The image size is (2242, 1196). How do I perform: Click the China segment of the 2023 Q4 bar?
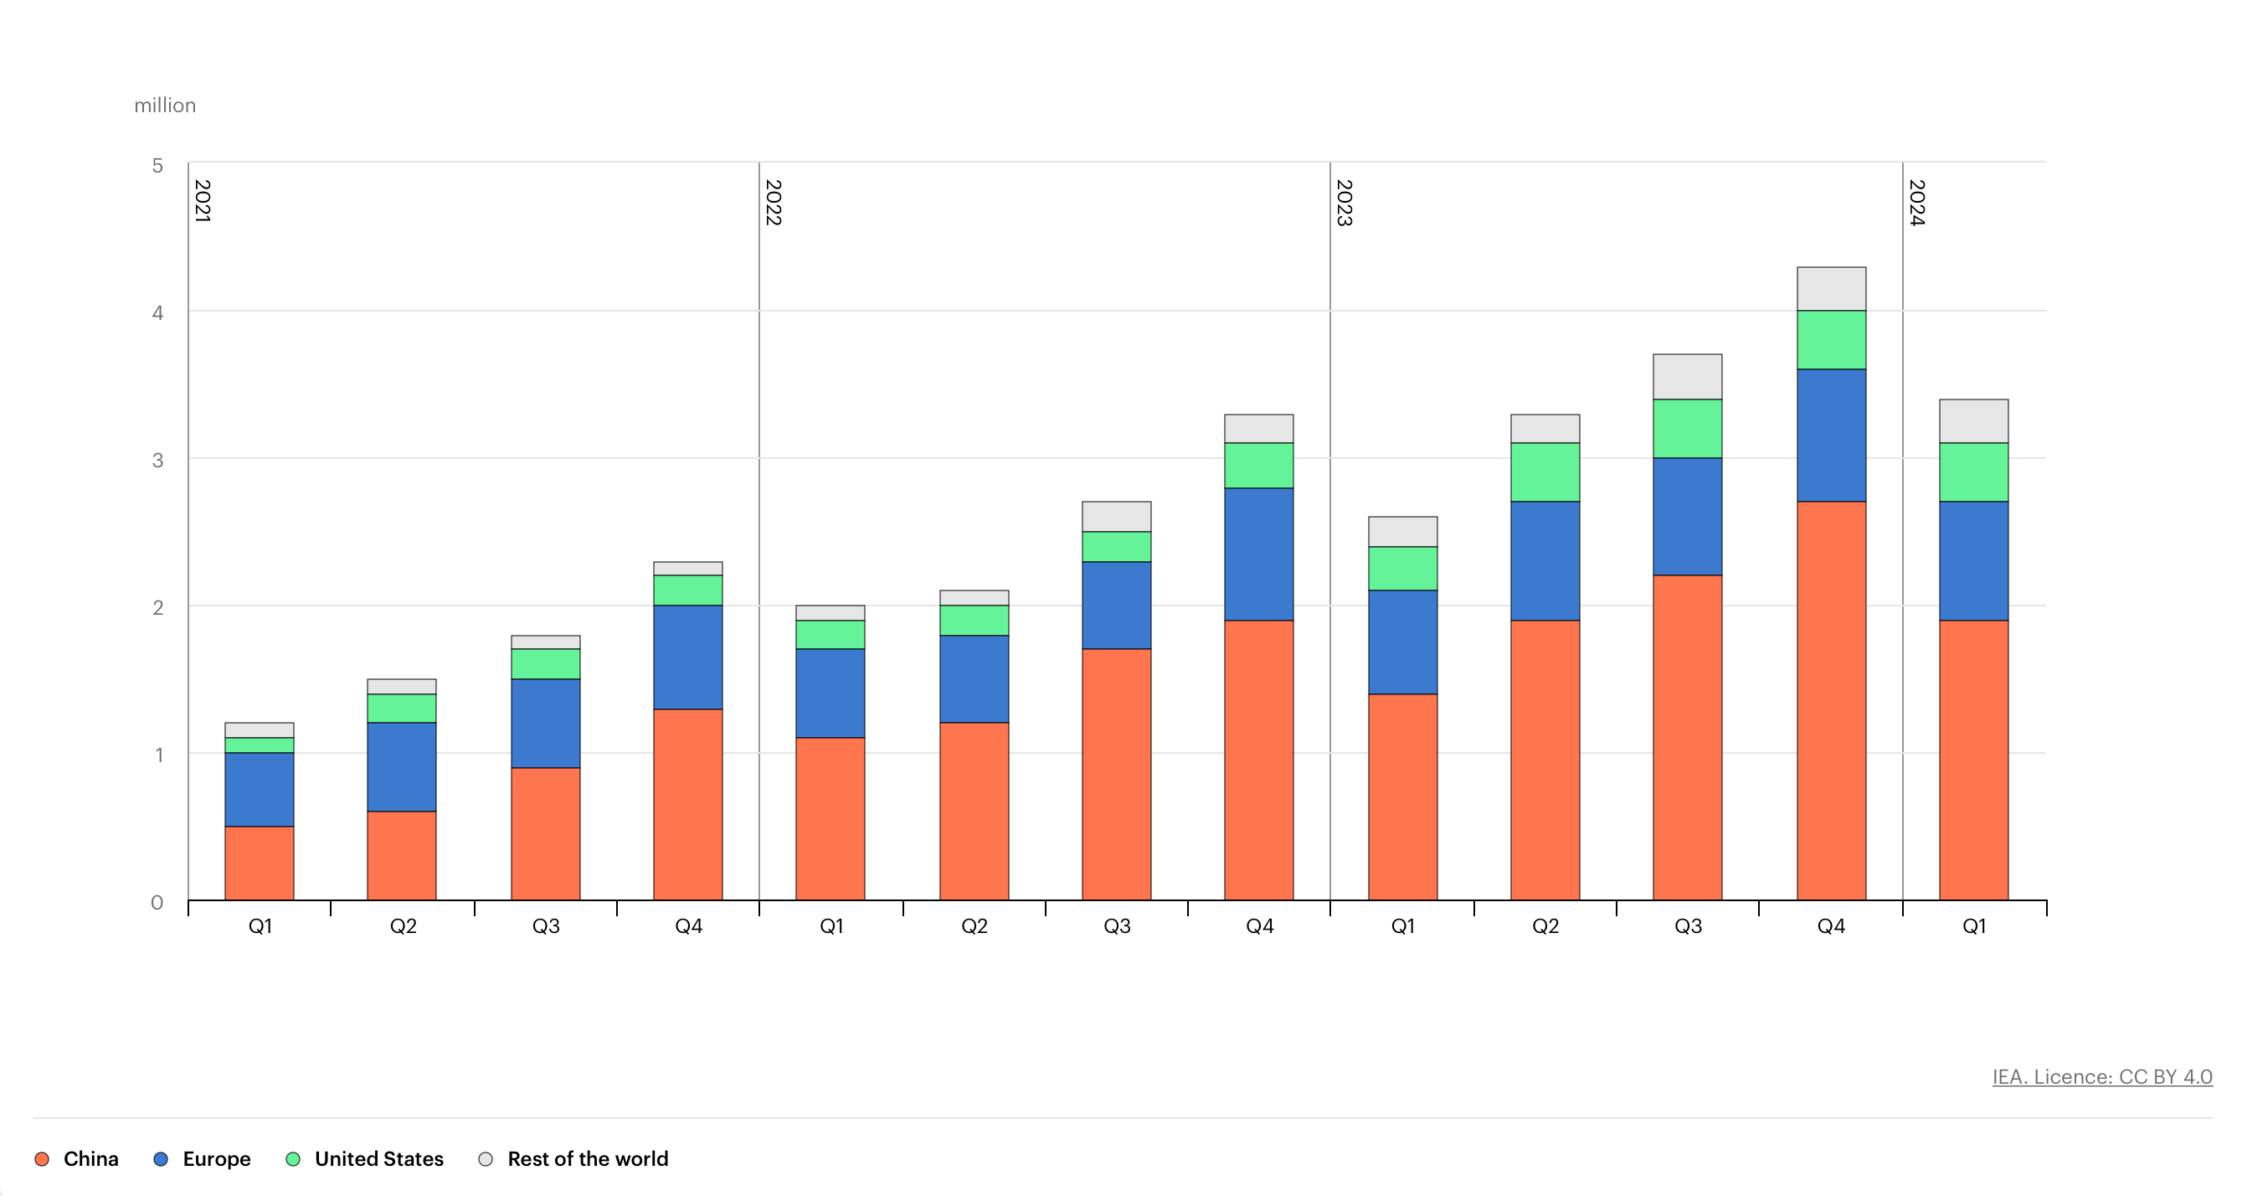click(x=1830, y=700)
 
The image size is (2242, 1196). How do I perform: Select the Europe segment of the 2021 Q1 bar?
click(x=260, y=789)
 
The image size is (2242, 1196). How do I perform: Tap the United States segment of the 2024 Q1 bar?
click(x=1973, y=472)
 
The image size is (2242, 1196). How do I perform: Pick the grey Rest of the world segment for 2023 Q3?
click(x=1687, y=376)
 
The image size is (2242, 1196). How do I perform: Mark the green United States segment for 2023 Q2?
click(x=1545, y=472)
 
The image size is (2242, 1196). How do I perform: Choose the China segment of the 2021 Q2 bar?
click(x=401, y=855)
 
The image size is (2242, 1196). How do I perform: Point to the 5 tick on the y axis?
click(x=157, y=165)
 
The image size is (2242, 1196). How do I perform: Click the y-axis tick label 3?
click(x=157, y=460)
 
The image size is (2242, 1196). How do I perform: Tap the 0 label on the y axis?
click(x=157, y=902)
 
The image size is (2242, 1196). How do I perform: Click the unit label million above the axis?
click(x=164, y=106)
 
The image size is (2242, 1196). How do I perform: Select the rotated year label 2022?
click(x=773, y=202)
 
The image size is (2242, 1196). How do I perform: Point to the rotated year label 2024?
click(x=1916, y=202)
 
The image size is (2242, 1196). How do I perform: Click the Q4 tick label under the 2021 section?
click(x=688, y=926)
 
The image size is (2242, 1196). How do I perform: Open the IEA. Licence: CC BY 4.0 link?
click(x=2102, y=1077)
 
